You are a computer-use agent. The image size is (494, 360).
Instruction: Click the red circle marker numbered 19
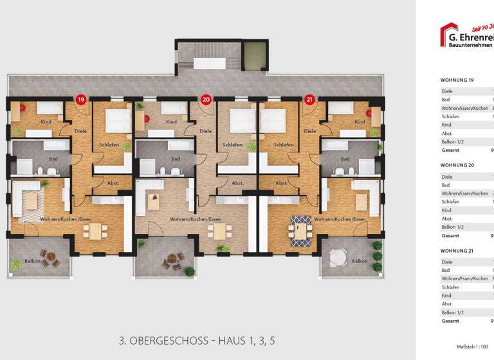(x=80, y=99)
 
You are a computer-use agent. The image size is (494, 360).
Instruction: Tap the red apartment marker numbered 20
(x=206, y=99)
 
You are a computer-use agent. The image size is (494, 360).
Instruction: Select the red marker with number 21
(x=309, y=99)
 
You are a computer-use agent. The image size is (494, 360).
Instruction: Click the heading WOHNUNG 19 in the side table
(x=457, y=80)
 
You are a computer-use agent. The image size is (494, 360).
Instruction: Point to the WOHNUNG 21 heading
(x=457, y=251)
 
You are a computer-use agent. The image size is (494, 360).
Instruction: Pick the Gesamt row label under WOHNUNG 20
(x=450, y=235)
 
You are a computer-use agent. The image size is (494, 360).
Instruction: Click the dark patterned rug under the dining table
(x=299, y=230)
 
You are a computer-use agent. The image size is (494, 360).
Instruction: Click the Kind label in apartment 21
(x=360, y=122)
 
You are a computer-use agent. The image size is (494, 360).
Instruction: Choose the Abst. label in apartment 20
(x=237, y=183)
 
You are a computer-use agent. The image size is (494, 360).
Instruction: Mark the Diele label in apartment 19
(x=80, y=131)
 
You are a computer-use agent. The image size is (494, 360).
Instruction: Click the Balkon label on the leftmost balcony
(x=33, y=261)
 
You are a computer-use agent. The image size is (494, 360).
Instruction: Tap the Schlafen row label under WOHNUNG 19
(x=450, y=116)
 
